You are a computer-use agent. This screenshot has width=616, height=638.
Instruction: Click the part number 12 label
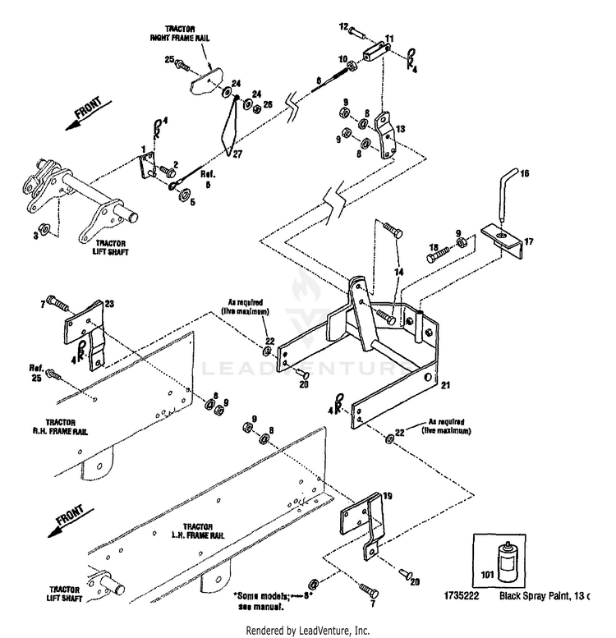(343, 28)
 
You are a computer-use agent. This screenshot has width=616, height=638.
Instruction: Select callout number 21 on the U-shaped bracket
(445, 384)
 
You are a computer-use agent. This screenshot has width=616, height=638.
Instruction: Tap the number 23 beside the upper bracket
(109, 304)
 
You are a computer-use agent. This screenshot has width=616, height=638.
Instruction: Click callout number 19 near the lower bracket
(387, 496)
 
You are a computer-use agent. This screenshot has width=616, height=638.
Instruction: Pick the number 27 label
(238, 154)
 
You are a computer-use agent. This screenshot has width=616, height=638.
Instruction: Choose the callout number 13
(400, 129)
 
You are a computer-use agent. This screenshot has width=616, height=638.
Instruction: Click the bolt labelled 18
(440, 255)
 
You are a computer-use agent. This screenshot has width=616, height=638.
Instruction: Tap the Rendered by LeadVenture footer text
(308, 630)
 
